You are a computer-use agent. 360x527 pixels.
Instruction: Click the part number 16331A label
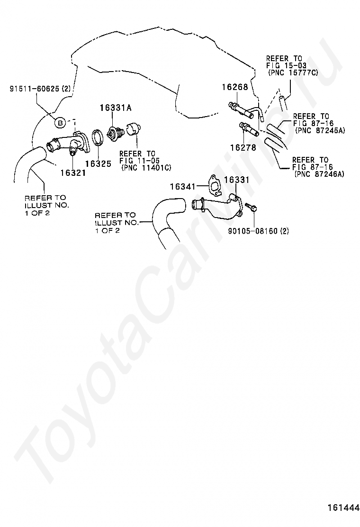[x=115, y=108]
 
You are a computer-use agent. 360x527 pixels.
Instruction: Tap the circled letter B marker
[x=60, y=123]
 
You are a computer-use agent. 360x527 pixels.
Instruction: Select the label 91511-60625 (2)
[x=40, y=89]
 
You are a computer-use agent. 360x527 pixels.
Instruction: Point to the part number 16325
[x=98, y=164]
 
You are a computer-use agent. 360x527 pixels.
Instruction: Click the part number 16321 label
[x=73, y=173]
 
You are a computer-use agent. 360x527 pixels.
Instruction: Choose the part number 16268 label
[x=235, y=87]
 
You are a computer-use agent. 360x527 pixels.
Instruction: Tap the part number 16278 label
[x=243, y=147]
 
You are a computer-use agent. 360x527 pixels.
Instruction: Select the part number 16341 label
[x=183, y=186]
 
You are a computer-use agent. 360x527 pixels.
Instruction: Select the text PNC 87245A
[x=320, y=130]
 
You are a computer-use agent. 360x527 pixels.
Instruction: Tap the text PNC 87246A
[x=319, y=174]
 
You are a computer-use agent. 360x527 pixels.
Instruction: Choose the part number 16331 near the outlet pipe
[x=237, y=180]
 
